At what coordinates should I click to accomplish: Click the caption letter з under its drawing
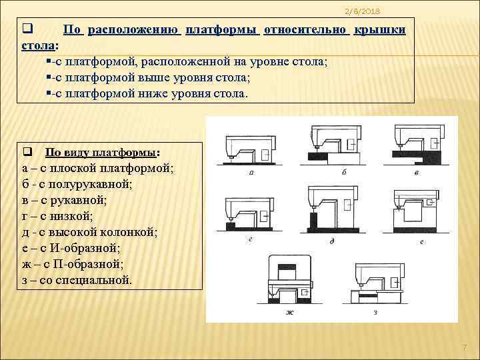tap(375, 312)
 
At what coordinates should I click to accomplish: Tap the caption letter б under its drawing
tap(343, 172)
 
